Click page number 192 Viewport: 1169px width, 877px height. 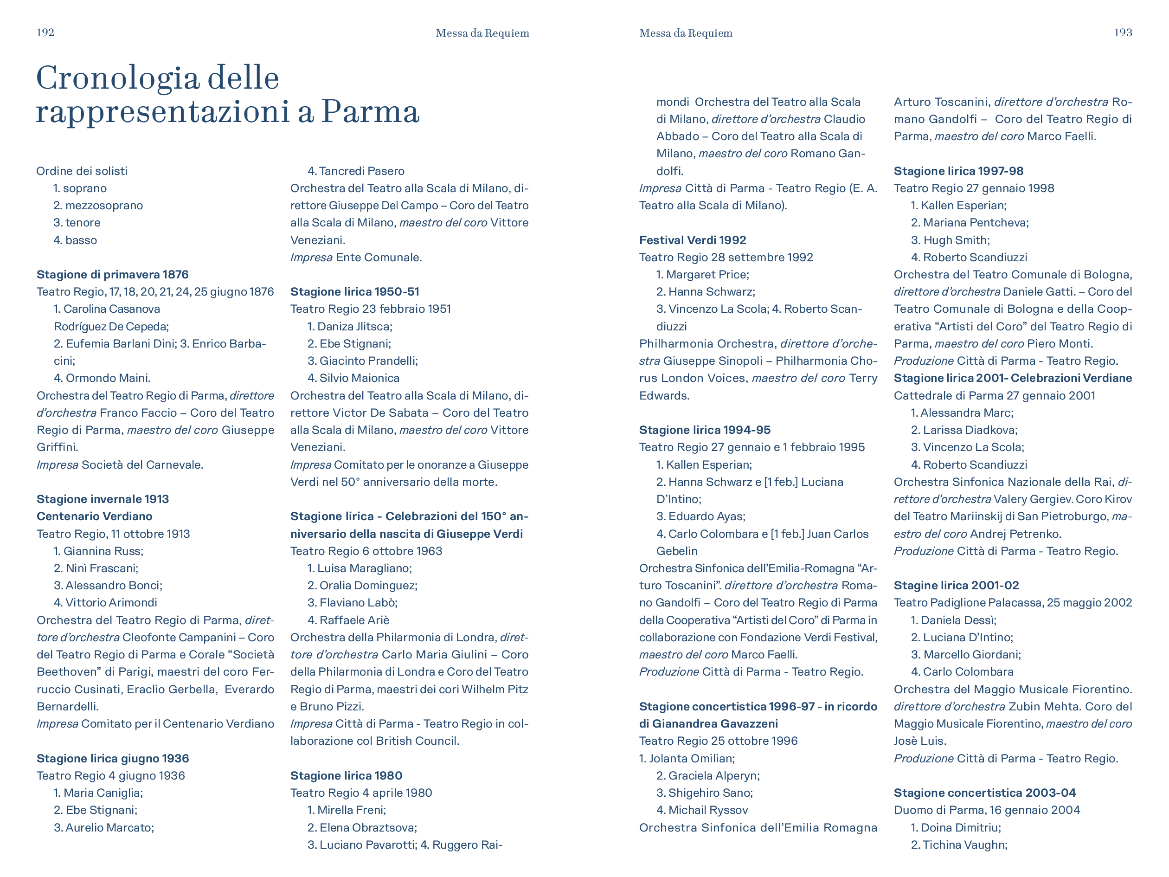pos(45,33)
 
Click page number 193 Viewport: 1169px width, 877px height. pos(1123,33)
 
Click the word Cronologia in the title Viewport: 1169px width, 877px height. pos(117,78)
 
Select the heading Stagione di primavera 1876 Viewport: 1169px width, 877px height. pos(112,274)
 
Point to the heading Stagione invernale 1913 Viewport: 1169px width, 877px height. pos(103,499)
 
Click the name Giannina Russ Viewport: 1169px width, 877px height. pos(103,551)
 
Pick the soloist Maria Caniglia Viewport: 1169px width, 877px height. pos(103,793)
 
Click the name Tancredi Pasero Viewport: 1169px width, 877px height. pos(361,171)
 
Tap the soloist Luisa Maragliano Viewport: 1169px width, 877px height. pos(364,568)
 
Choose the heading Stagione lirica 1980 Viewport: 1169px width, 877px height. pos(346,775)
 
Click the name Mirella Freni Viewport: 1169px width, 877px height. pos(351,810)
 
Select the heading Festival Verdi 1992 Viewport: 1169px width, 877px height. pos(692,240)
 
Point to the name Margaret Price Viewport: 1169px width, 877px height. pos(707,274)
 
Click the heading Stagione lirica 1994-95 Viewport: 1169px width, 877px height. pos(705,430)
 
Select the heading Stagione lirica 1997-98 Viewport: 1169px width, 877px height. pos(958,171)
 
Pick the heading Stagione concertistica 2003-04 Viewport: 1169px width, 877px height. pos(984,793)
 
